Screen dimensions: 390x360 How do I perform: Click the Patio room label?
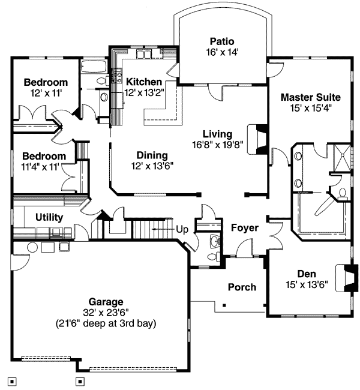[218, 41]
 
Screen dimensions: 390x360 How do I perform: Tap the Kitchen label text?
[143, 82]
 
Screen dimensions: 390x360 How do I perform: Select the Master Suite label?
[310, 97]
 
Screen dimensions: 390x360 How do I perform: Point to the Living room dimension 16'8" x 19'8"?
[217, 145]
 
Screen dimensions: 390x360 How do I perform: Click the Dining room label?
[147, 154]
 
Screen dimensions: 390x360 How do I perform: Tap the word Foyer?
[245, 228]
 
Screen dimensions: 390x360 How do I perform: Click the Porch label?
[242, 287]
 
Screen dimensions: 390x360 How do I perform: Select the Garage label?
[106, 302]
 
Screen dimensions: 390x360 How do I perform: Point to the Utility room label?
[49, 217]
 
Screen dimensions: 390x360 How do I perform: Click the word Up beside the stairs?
[182, 229]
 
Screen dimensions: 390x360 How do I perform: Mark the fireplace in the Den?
[347, 278]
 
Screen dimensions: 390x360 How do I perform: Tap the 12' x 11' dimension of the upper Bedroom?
[46, 93]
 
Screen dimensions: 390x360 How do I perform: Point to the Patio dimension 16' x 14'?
[218, 52]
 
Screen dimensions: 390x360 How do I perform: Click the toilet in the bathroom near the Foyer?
[211, 256]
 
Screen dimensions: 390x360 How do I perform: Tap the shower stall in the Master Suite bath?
[340, 157]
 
